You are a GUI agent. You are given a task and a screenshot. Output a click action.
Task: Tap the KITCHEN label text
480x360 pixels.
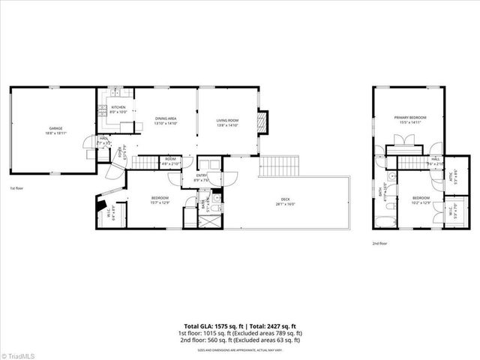click(118, 107)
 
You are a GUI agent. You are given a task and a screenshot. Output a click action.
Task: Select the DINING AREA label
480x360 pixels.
click(166, 119)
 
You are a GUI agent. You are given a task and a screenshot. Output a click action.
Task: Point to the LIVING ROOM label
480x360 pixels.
click(227, 121)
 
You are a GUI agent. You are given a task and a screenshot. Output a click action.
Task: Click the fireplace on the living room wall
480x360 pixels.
click(262, 122)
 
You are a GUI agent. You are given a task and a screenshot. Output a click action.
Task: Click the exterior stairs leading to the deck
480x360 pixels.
click(279, 166)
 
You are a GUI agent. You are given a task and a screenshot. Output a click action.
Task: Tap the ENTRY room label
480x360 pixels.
click(200, 177)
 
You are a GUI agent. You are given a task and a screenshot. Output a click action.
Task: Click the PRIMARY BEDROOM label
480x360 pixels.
click(411, 118)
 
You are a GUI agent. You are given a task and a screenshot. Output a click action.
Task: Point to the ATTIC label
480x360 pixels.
click(451, 178)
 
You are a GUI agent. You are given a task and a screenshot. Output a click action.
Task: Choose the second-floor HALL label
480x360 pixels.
click(436, 159)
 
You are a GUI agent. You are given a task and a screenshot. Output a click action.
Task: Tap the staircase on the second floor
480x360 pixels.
click(412, 163)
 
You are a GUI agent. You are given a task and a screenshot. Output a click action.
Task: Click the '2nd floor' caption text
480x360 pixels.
click(380, 244)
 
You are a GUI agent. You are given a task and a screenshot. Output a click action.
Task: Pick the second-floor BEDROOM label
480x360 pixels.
click(420, 198)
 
